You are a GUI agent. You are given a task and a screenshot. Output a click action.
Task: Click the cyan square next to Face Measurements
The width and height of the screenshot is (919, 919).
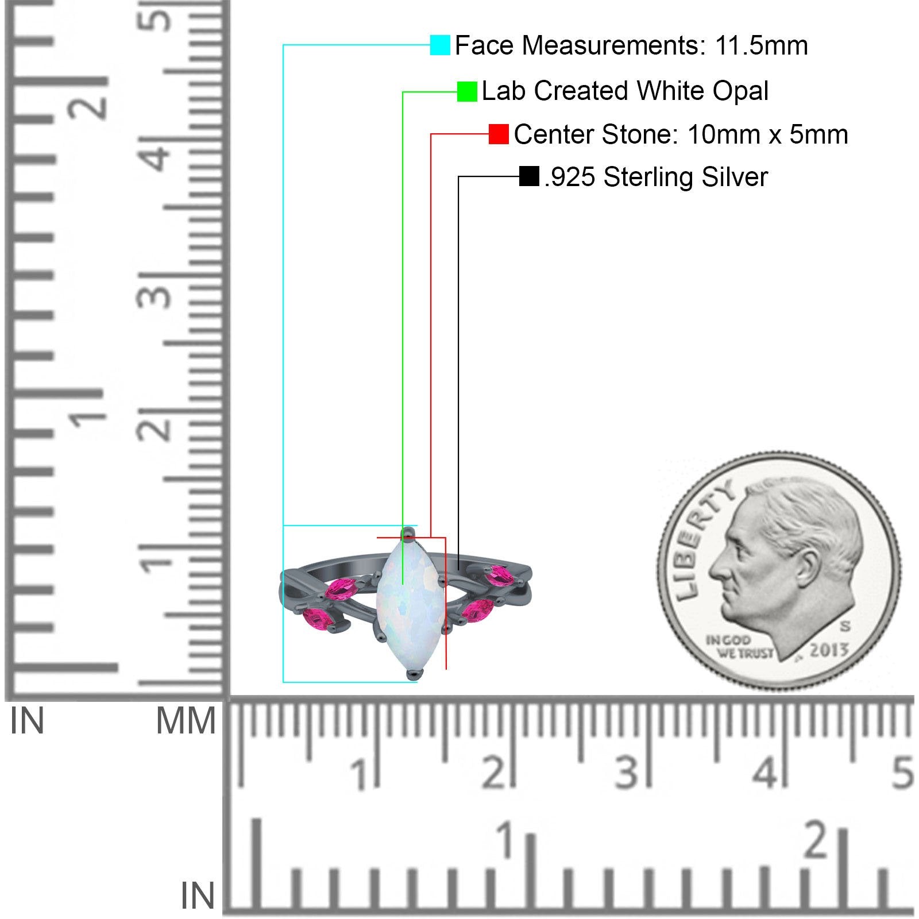(440, 45)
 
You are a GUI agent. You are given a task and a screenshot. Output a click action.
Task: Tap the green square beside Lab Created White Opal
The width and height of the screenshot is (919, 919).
(467, 91)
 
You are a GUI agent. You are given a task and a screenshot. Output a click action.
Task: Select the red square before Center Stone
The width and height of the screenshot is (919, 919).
(499, 134)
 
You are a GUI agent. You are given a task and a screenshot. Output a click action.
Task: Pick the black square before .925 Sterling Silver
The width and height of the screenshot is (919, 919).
(529, 176)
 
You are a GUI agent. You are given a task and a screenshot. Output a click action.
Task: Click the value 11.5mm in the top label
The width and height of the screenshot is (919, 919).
(761, 45)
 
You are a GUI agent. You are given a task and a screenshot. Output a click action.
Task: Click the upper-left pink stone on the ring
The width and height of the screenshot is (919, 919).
(342, 589)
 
